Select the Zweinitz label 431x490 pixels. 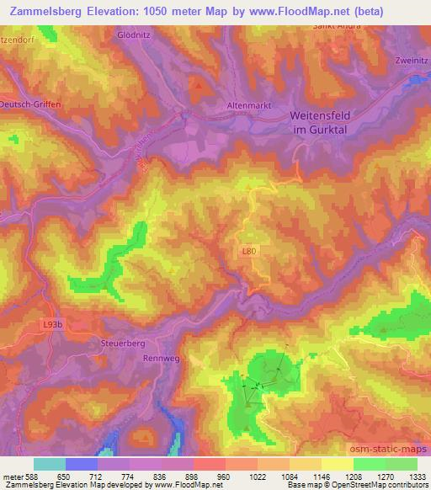412,61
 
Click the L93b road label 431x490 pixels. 51,325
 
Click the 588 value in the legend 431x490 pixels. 33,476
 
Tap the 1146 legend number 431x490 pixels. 322,476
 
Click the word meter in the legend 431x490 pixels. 12,476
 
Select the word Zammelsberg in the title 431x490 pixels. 47,11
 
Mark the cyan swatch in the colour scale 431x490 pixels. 50,464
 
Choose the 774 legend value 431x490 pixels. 129,476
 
